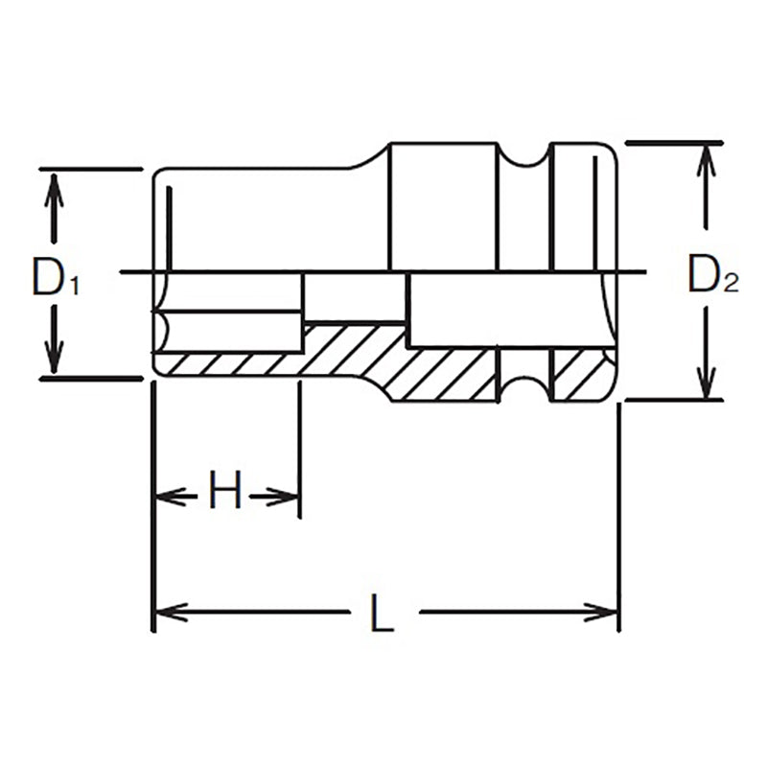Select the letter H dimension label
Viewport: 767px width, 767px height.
coord(225,495)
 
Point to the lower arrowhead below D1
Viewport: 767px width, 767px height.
coord(55,361)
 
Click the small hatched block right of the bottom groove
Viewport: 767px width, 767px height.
coord(580,374)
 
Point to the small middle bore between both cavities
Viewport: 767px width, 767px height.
coord(355,297)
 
